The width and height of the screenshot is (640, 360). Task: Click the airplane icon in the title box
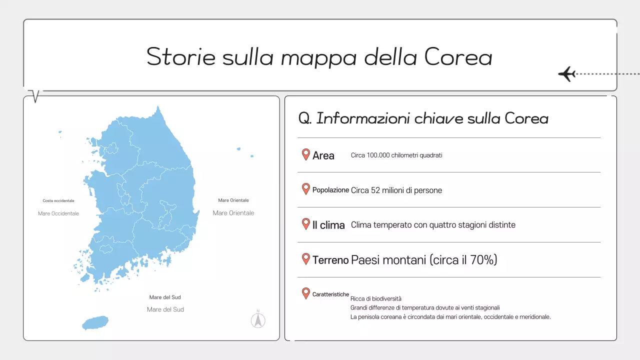[x=567, y=74]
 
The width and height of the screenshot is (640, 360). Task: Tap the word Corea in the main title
[x=458, y=56]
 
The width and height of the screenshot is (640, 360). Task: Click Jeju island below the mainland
[x=95, y=322]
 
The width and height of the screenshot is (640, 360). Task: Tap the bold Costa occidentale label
[x=58, y=201]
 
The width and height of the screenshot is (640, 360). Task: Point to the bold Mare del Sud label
[x=165, y=297]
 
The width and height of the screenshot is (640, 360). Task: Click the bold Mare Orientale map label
[x=233, y=200]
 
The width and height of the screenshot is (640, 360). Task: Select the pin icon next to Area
[x=306, y=154]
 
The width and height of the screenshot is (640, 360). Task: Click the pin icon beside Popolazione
[x=306, y=189]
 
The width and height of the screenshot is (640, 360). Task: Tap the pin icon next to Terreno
[x=306, y=259]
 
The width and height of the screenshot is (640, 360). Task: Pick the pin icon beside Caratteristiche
[x=306, y=293]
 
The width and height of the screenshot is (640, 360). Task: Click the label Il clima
[x=328, y=225]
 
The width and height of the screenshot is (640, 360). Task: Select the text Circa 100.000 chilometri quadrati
[x=396, y=155]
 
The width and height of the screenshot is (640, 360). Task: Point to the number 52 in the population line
[x=376, y=190]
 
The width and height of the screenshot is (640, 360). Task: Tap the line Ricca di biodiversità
[x=376, y=299]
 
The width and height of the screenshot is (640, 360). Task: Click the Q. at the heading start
[x=305, y=118]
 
